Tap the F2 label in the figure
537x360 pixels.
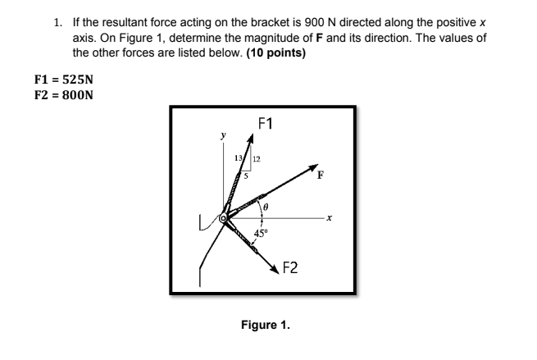coord(290,267)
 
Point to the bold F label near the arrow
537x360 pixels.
coord(321,175)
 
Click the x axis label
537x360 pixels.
coord(329,218)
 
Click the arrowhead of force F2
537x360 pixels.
coord(275,269)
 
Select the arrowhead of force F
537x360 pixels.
coord(312,170)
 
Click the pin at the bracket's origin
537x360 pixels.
coord(222,218)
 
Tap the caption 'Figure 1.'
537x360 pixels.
coord(265,324)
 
